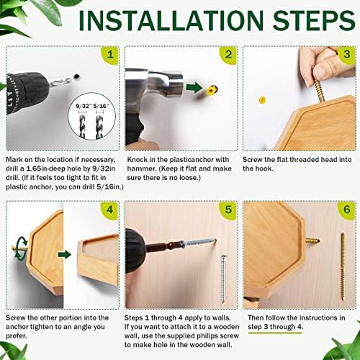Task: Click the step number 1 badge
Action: click(110, 55)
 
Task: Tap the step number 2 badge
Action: click(228, 55)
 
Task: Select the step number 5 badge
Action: click(228, 210)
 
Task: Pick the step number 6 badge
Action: click(347, 210)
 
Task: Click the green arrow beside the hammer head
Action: click(194, 87)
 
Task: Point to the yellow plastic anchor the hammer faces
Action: click(212, 90)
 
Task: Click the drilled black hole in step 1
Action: click(77, 76)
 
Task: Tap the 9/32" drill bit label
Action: click(84, 106)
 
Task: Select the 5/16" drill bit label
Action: click(101, 106)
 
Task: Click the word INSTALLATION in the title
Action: click(171, 20)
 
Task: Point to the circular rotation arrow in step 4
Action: click(20, 248)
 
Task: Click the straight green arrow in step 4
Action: click(65, 255)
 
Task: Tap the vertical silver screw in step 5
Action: click(223, 279)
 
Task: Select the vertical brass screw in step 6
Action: click(342, 266)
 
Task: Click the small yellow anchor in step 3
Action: click(262, 99)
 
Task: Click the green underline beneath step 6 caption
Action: click(275, 333)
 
